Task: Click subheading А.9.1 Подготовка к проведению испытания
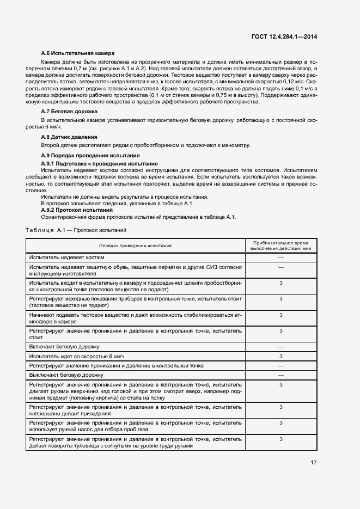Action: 100,163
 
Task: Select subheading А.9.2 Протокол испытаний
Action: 77,210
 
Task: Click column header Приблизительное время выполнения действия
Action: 280,246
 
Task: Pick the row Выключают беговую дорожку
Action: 66,375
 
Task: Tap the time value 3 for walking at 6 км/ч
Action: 280,356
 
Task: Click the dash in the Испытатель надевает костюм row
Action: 280,257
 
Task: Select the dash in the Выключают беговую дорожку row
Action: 280,375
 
